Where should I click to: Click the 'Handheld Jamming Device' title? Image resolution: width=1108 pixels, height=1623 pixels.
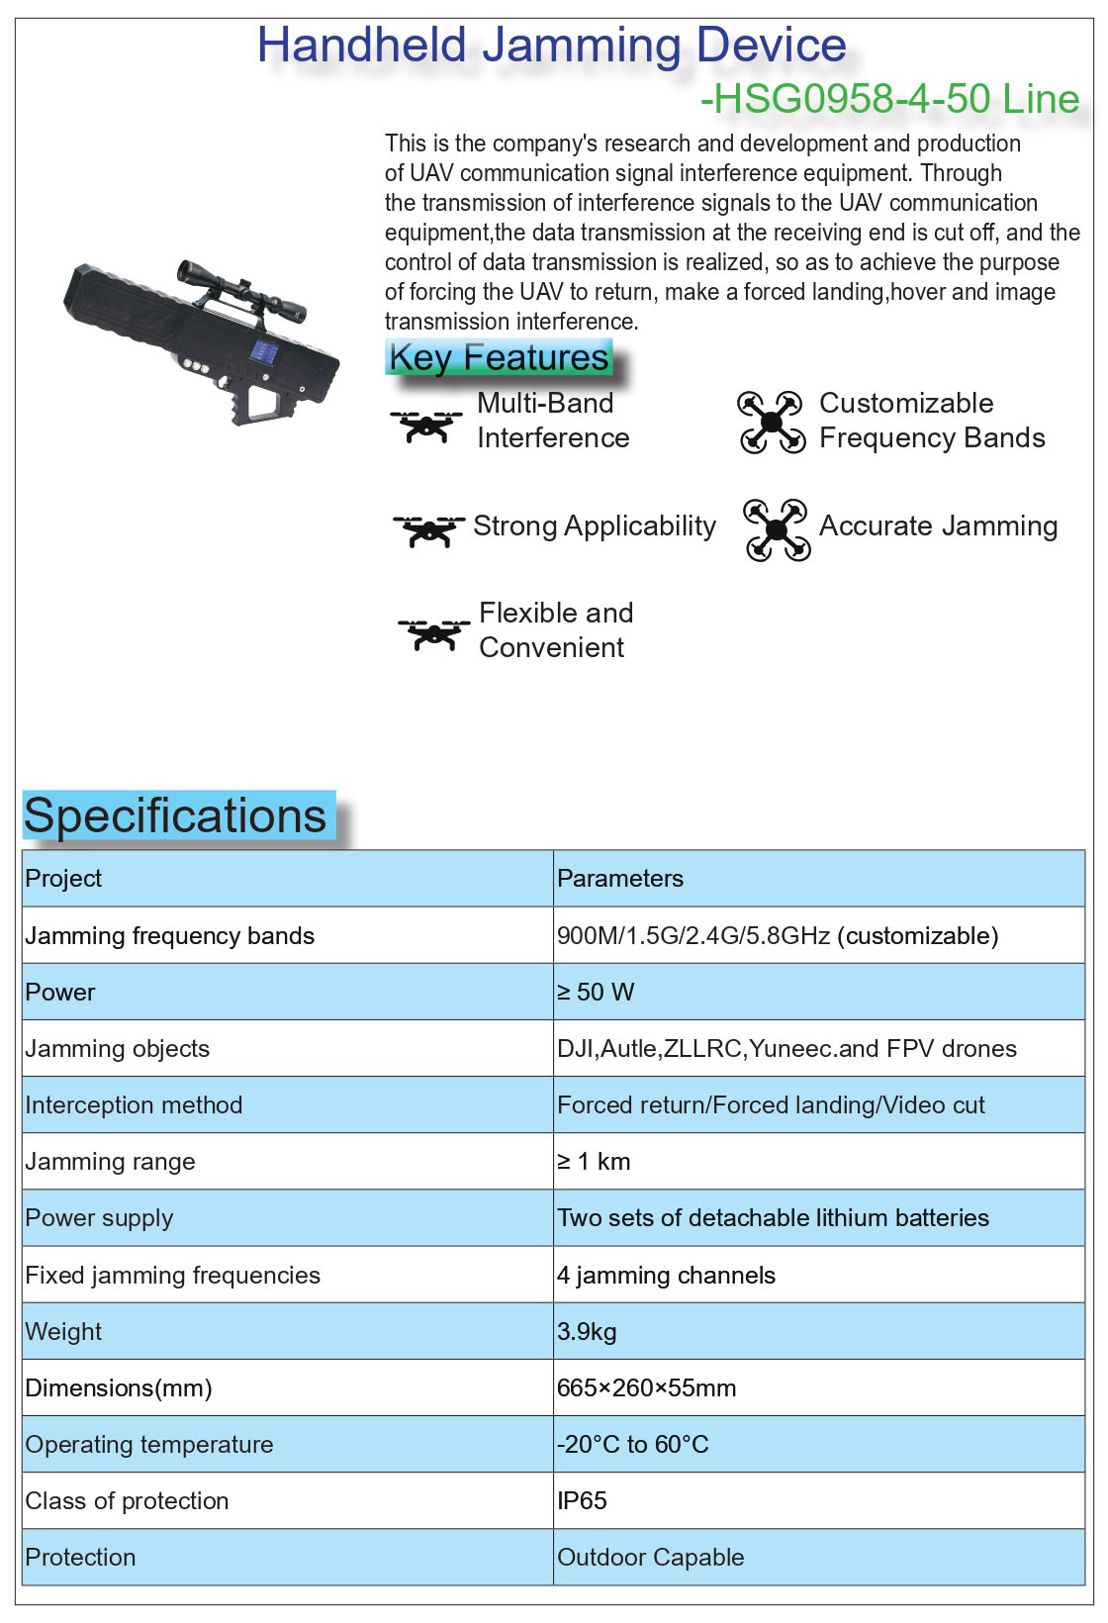(551, 46)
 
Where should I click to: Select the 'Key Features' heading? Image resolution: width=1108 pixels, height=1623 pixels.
(499, 357)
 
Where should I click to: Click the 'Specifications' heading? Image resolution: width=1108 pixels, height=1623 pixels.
(175, 816)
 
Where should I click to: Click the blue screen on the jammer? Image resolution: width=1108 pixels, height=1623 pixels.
(263, 350)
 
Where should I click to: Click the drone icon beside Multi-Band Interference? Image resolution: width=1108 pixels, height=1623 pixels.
(425, 426)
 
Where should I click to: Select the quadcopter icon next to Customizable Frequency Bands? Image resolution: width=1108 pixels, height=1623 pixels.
(772, 423)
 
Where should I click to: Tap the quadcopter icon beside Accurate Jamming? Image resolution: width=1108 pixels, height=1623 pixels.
(777, 529)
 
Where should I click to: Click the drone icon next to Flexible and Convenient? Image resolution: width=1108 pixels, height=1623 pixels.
(433, 633)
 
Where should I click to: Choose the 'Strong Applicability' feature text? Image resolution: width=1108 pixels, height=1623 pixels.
(594, 526)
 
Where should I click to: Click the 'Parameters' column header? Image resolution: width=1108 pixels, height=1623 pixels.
(620, 879)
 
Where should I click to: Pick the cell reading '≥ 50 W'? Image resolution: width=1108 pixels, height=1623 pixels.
(596, 993)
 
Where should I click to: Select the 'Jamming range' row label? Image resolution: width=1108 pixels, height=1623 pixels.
(110, 1162)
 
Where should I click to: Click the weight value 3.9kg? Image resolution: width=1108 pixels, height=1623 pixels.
(587, 1332)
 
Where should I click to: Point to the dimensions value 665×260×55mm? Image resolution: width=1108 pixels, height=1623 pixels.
(646, 1388)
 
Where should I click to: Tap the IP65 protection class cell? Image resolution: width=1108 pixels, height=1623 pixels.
(582, 1501)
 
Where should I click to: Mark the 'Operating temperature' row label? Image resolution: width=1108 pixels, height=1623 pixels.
(148, 1445)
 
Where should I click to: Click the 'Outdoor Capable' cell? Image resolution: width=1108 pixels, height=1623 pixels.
(650, 1558)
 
